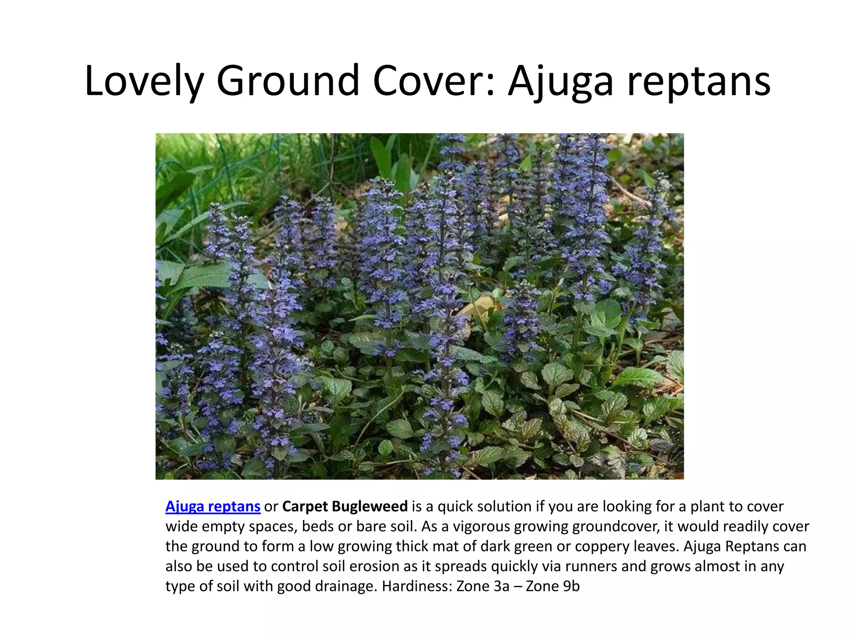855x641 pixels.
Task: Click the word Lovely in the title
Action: (x=144, y=81)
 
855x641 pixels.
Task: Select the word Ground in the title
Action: (x=288, y=80)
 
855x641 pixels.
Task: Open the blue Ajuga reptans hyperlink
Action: (x=213, y=507)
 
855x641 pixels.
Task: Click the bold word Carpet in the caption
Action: (x=305, y=507)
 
